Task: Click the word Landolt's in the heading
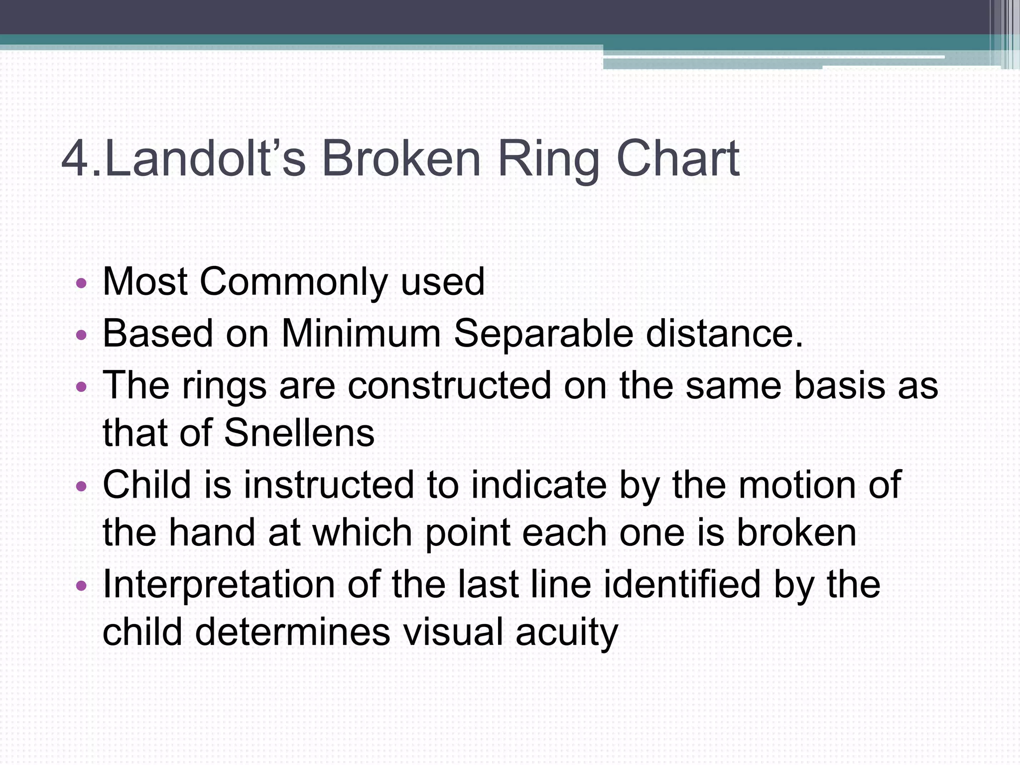click(205, 158)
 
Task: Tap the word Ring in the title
click(548, 159)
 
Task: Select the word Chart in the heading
click(678, 158)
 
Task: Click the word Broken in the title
click(401, 158)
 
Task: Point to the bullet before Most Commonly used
click(82, 284)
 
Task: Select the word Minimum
click(361, 333)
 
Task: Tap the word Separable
click(543, 334)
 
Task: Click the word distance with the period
click(725, 333)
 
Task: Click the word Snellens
click(299, 432)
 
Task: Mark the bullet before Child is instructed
click(82, 486)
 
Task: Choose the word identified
click(682, 584)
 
